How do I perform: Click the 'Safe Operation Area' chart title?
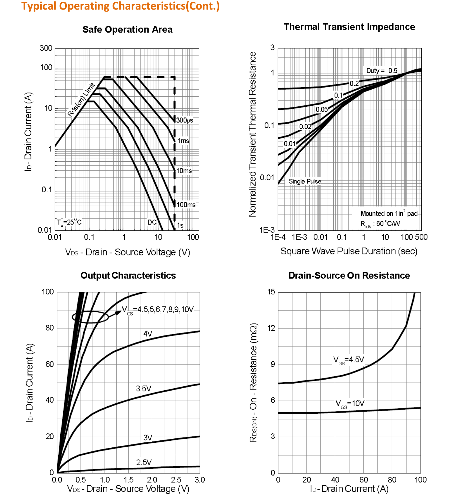(127, 30)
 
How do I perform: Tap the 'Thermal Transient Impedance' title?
(349, 27)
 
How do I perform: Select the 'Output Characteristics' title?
(128, 275)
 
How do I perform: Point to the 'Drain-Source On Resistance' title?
(349, 275)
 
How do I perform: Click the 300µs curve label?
(185, 120)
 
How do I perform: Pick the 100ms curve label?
(186, 205)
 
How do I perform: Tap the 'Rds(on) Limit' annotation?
(81, 99)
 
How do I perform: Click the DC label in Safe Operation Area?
(152, 222)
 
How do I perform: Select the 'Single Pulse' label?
(305, 181)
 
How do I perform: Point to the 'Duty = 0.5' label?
(381, 71)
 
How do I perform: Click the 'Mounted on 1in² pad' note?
(389, 213)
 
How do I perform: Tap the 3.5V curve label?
(144, 389)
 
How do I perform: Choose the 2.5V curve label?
(144, 462)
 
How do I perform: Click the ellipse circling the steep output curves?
(90, 317)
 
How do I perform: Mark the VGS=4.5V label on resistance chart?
(349, 360)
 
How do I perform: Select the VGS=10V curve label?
(350, 404)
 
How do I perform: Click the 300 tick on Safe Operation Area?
(46, 48)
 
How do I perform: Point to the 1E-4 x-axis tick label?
(278, 237)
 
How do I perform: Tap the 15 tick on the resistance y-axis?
(271, 292)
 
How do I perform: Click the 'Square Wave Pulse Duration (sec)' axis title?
(349, 251)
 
